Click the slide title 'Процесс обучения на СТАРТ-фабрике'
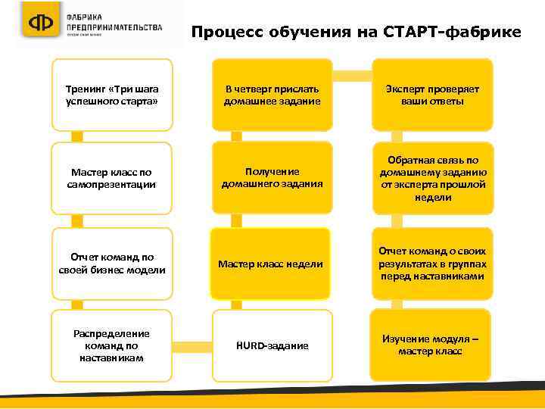pos(356,33)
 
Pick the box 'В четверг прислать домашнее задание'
pos(272,95)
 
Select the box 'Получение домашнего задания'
pos(272,177)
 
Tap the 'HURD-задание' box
pos(272,345)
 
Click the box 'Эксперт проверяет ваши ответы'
pos(432,95)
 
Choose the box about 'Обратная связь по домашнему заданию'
pos(432,179)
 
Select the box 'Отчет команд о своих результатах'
pos(432,264)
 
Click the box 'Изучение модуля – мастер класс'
pos(431,345)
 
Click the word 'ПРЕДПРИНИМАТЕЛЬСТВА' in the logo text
pos(114,27)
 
